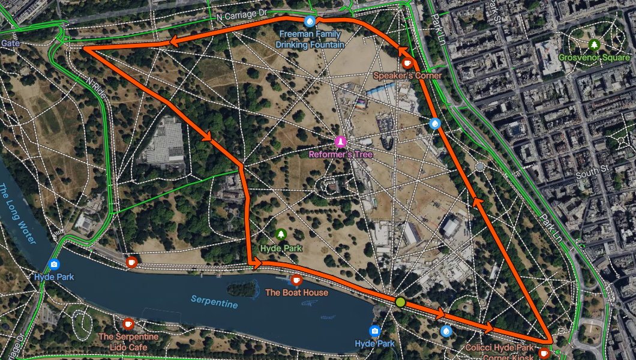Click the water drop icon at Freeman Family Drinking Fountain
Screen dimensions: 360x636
pos(310,22)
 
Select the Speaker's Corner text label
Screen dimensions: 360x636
pos(407,76)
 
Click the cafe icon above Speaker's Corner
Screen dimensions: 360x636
pos(407,62)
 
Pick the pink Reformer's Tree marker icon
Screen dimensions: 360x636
pos(341,142)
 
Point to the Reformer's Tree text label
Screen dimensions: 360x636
pos(341,154)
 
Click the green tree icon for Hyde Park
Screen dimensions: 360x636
pos(281,235)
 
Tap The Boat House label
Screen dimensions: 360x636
pos(296,292)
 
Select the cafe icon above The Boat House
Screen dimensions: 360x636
pos(296,280)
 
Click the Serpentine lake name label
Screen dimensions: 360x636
pos(214,302)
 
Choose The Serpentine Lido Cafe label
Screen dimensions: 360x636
pos(128,341)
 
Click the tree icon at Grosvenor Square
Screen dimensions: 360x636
pos(594,44)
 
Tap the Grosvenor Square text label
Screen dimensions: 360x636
pos(593,58)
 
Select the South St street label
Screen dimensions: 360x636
pos(587,174)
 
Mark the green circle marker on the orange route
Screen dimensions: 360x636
pos(400,301)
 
